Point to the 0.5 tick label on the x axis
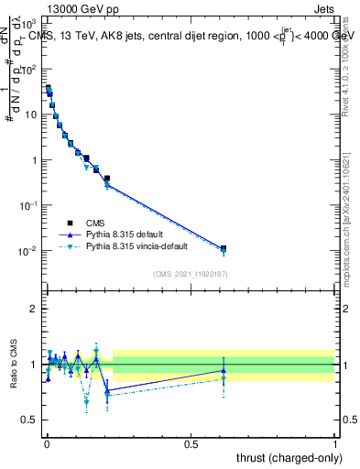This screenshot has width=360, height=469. [191, 444]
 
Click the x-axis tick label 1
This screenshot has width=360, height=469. [335, 444]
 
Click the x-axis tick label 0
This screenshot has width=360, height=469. [47, 444]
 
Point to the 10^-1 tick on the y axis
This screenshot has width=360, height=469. [30, 205]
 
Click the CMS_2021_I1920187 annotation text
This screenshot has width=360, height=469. [190, 274]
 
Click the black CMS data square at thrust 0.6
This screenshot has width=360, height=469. [224, 248]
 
